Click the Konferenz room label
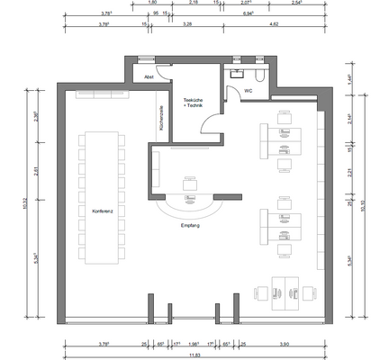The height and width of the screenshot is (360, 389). (103, 211)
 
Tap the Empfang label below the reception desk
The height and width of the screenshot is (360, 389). (190, 224)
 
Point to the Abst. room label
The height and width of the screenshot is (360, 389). (149, 78)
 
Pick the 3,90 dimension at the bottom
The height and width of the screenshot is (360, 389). (285, 343)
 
